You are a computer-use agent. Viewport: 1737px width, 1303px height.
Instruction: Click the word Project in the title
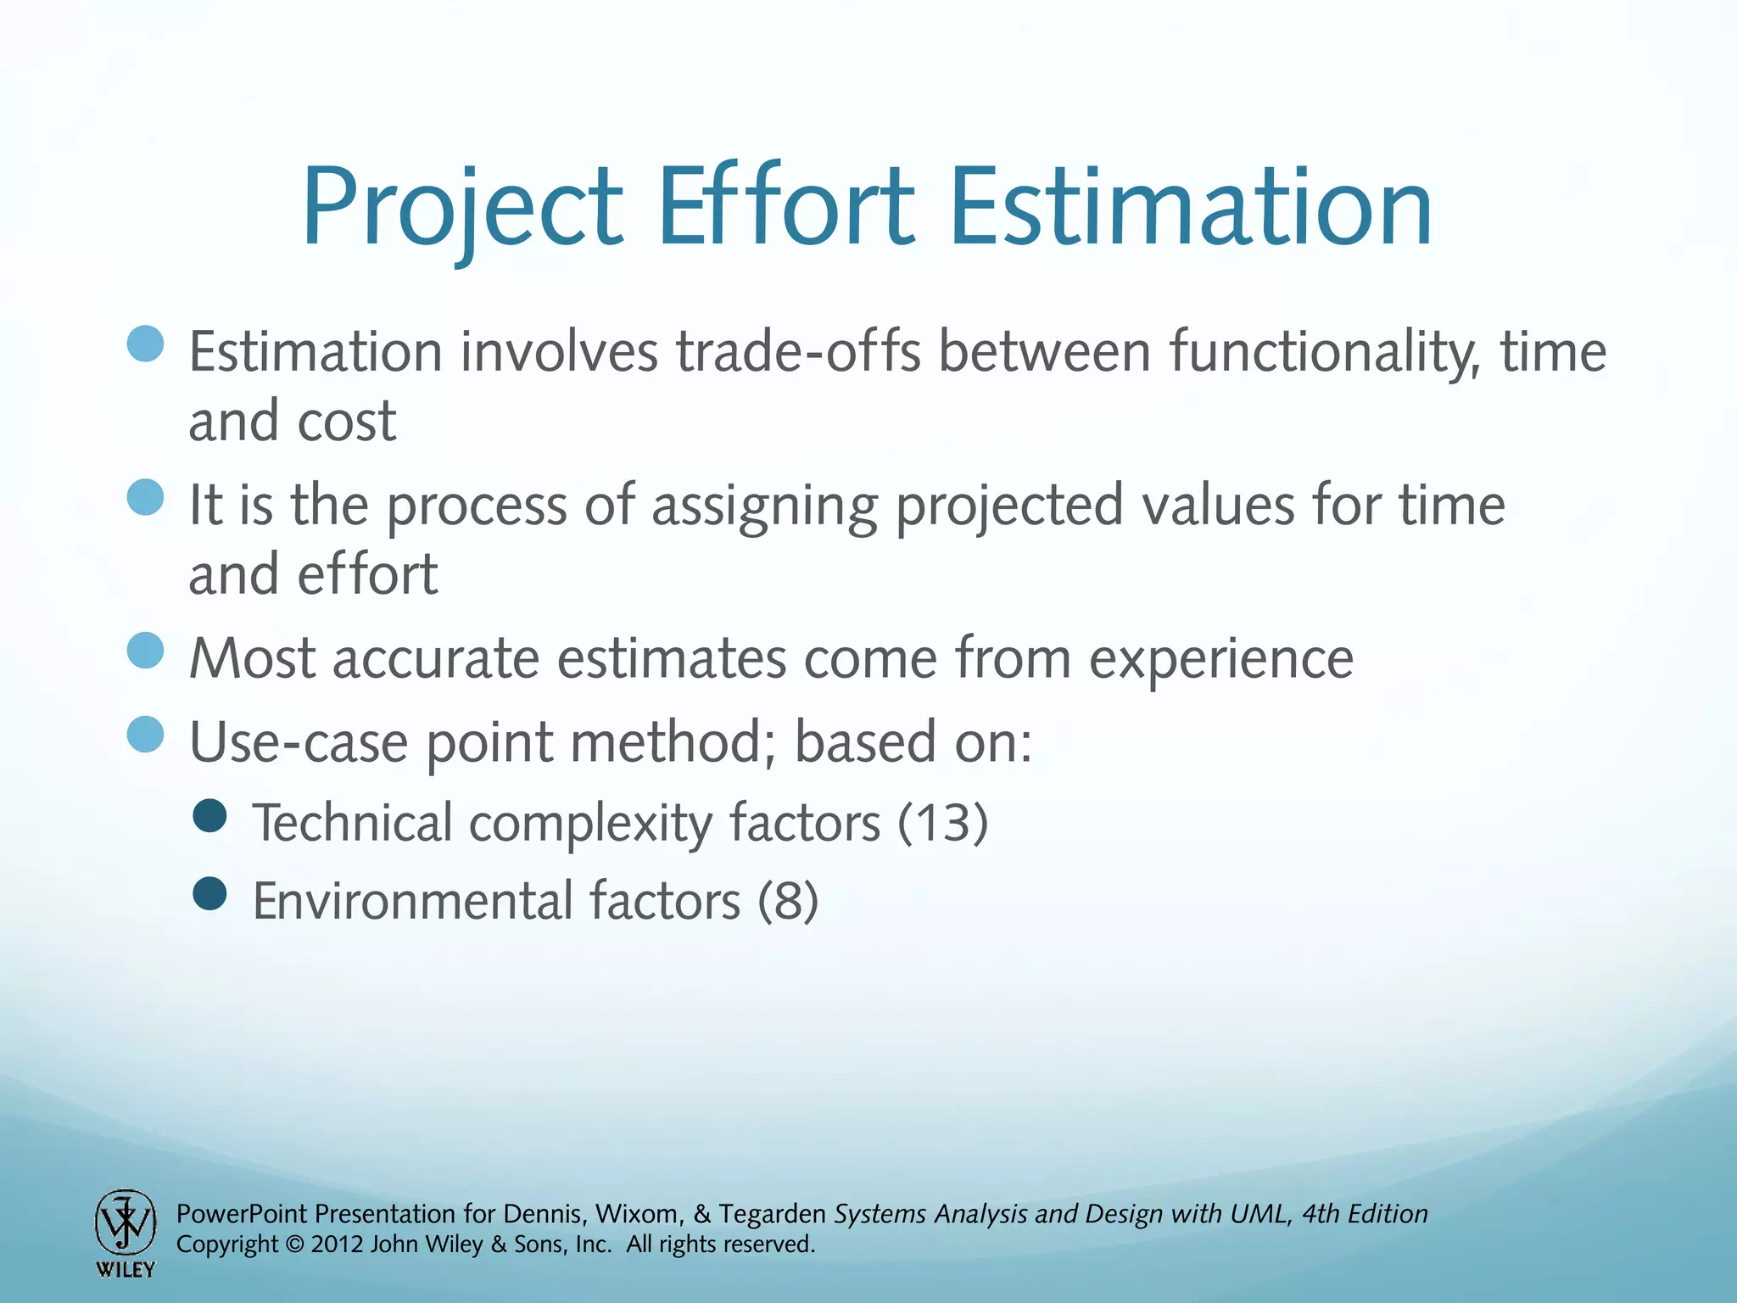coord(462,208)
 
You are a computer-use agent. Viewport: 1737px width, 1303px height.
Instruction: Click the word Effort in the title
coord(785,208)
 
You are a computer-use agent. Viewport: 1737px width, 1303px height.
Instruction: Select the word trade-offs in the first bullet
coord(797,351)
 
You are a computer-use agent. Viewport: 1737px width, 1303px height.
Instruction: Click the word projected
coord(1009,506)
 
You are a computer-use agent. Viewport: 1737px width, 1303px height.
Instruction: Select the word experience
coord(1220,658)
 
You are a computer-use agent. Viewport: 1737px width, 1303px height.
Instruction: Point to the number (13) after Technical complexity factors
coord(942,823)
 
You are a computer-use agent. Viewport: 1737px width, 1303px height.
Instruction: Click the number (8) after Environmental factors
coord(788,901)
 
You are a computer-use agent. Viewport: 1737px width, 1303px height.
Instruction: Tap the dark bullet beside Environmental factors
coord(209,893)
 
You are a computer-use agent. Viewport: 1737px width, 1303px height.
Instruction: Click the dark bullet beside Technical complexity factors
coord(209,816)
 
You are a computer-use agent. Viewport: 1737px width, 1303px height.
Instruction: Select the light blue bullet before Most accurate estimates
coord(145,651)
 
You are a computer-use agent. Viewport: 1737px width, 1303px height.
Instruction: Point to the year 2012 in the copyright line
coord(338,1244)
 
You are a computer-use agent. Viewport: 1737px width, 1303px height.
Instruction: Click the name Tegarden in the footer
coord(772,1214)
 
